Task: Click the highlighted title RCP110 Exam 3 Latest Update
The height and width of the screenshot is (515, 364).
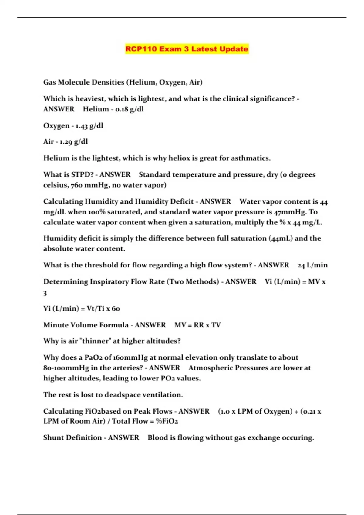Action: pos(187,49)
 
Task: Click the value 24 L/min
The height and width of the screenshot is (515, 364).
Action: pos(312,265)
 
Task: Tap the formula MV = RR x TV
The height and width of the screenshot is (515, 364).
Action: pos(197,325)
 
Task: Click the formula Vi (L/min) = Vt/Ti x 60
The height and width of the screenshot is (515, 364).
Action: pos(82,308)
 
